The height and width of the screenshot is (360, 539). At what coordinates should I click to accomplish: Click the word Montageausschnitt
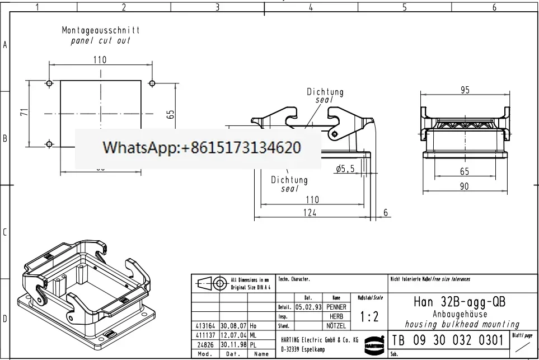pos(101,30)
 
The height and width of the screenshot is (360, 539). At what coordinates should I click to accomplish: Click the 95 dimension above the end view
pos(465,90)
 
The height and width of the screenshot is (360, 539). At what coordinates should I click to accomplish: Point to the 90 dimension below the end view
pos(465,186)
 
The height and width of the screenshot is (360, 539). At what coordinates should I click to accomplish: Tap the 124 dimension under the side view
pos(310,212)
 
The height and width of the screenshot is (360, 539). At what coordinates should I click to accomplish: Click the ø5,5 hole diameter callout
pos(345,168)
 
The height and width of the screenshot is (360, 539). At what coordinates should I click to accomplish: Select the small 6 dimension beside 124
pos(386,212)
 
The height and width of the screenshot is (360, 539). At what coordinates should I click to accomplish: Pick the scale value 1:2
pos(369,316)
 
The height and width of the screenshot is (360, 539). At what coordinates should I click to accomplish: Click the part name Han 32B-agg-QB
pos(460,302)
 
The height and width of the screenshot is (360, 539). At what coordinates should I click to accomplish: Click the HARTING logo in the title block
pos(372,343)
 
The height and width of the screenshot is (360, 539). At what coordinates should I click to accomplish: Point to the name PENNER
pos(336,307)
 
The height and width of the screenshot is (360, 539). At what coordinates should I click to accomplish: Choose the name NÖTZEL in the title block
pos(336,325)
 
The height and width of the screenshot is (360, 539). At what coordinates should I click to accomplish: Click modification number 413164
pos(204,325)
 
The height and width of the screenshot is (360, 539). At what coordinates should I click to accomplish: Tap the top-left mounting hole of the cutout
pos(49,83)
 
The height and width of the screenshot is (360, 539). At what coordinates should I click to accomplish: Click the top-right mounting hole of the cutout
pos(152,83)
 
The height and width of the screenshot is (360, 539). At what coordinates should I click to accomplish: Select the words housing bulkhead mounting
pos(462,324)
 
